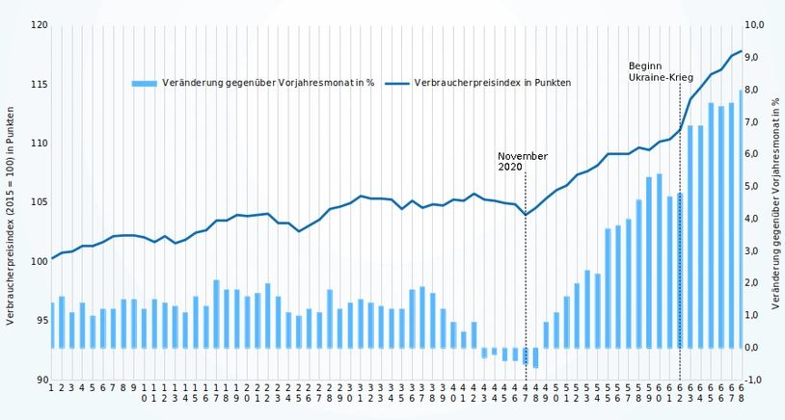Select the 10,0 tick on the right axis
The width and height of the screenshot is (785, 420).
pyautogui.click(x=755, y=25)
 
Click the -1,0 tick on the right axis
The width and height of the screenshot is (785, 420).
pyautogui.click(x=755, y=381)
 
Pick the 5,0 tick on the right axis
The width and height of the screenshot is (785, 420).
pyautogui.click(x=755, y=186)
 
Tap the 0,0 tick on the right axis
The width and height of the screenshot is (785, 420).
pyautogui.click(x=755, y=348)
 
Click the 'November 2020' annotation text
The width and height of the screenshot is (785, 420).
pyautogui.click(x=523, y=161)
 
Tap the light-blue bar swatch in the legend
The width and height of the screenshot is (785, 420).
pyautogui.click(x=144, y=84)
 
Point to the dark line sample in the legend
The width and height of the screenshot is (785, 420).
pyautogui.click(x=396, y=84)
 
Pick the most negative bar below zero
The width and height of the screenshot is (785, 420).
pyautogui.click(x=535, y=357)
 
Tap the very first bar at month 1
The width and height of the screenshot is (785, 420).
pyautogui.click(x=52, y=326)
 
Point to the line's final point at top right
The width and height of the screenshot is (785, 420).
pyautogui.click(x=741, y=51)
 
